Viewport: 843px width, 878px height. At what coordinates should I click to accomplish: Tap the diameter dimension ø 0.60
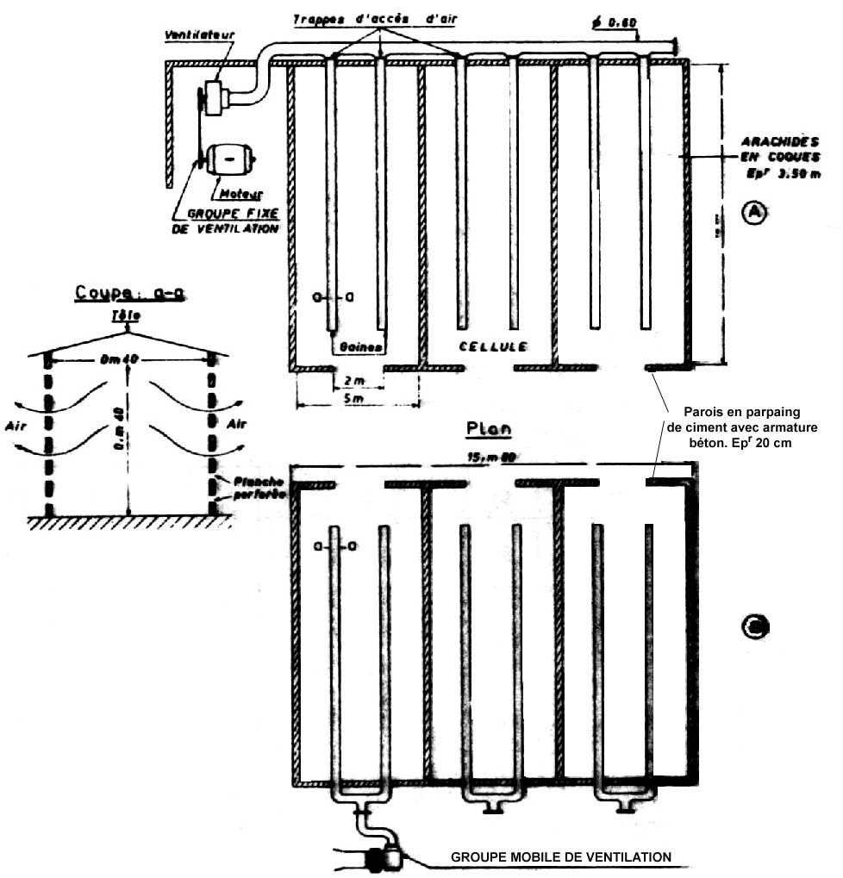tap(613, 21)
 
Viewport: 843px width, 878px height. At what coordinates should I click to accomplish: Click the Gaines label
tap(360, 346)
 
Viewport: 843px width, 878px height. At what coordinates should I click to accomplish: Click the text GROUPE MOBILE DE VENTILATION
tap(561, 857)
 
